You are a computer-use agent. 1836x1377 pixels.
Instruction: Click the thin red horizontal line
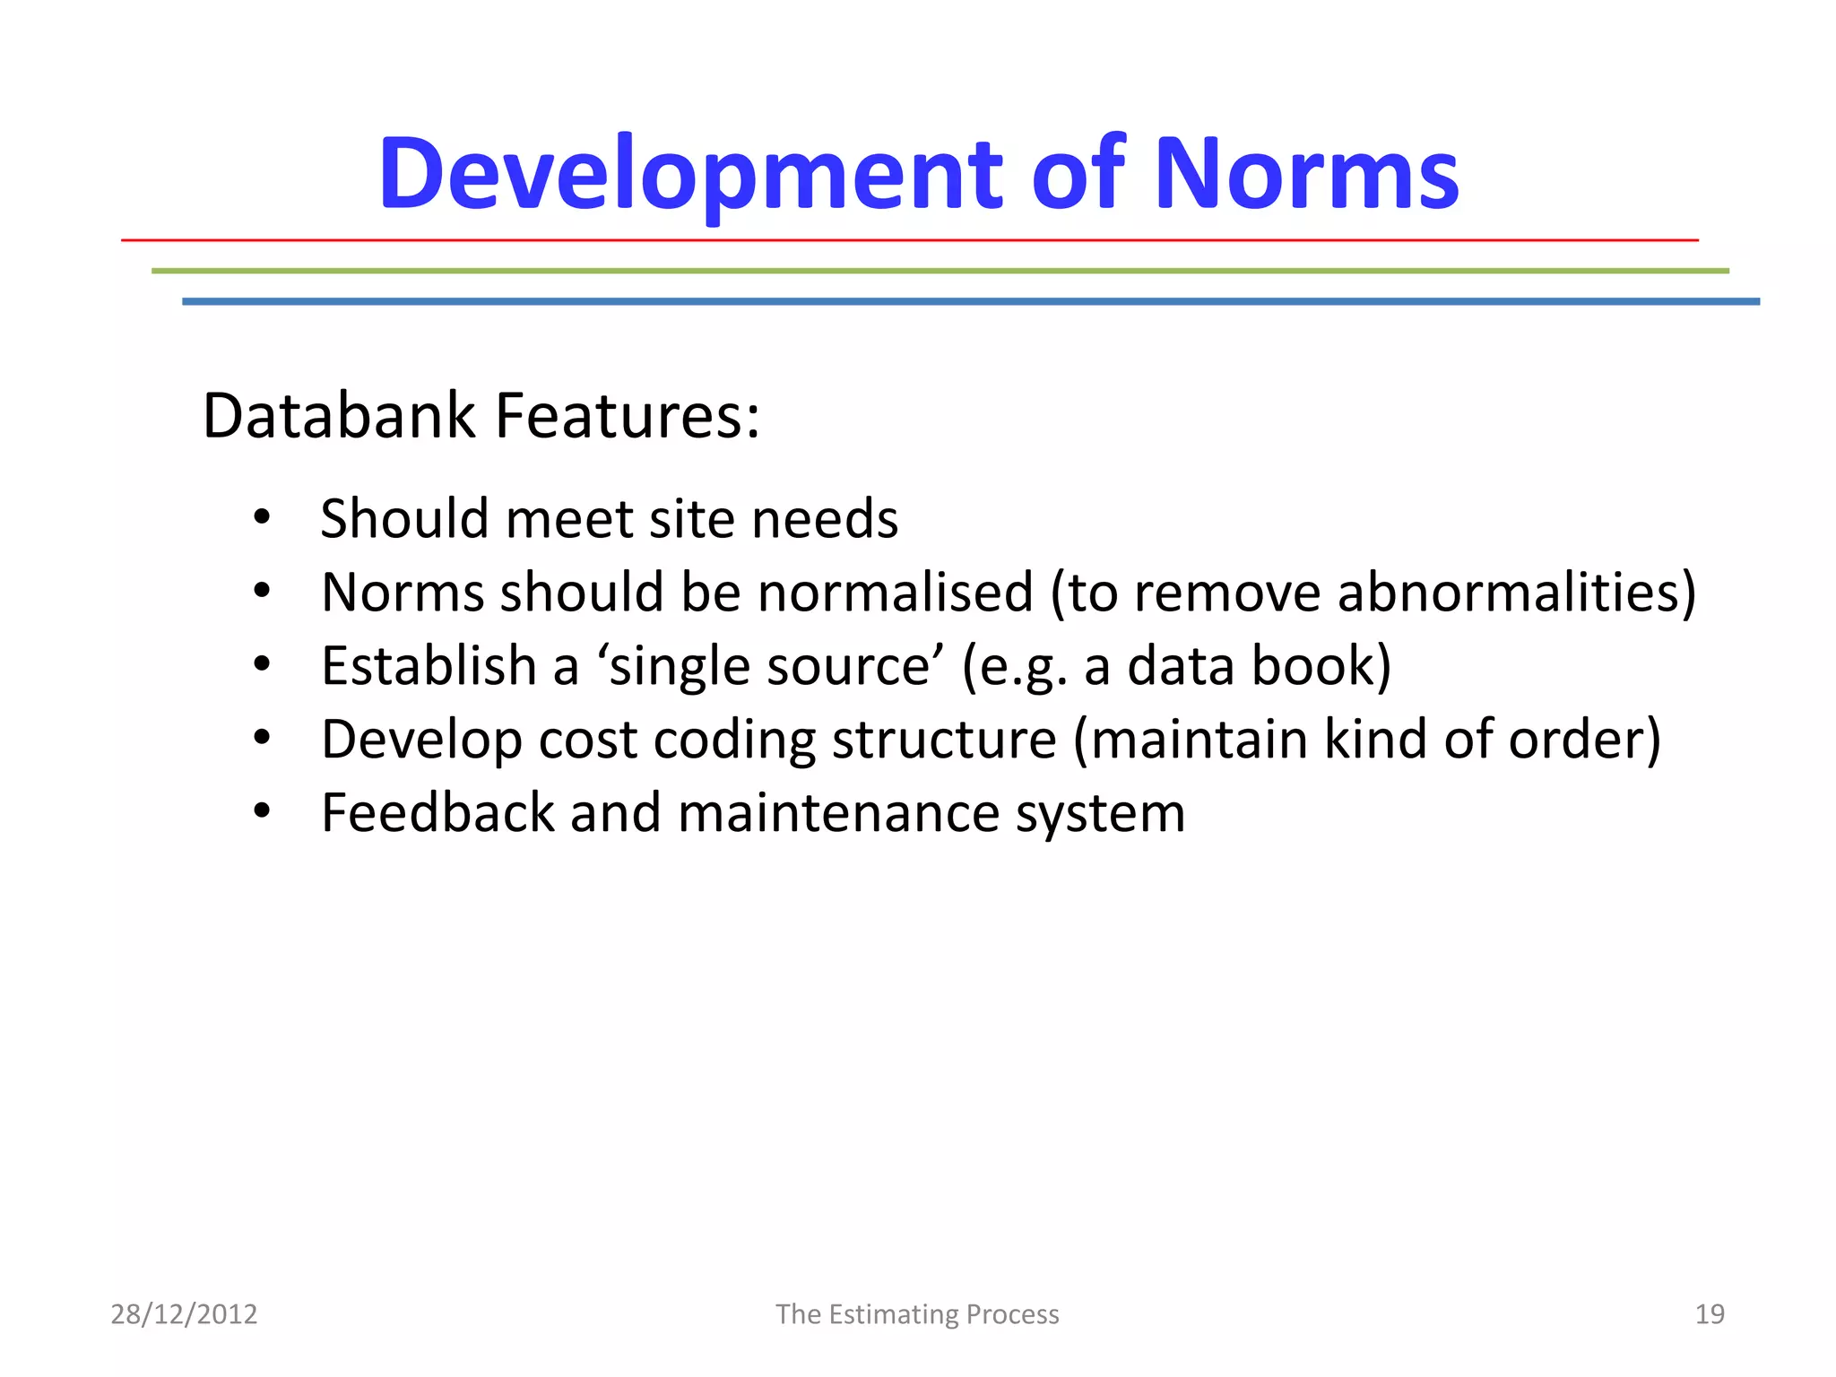pyautogui.click(x=909, y=240)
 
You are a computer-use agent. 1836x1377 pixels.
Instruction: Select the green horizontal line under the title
pyautogui.click(x=940, y=271)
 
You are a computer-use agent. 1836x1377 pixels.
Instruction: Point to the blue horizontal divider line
pyautogui.click(x=971, y=302)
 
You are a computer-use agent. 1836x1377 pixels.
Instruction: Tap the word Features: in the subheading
pyautogui.click(x=628, y=416)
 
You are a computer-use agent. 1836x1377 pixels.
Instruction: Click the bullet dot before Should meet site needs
pyautogui.click(x=261, y=517)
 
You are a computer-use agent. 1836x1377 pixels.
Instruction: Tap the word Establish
pyautogui.click(x=429, y=666)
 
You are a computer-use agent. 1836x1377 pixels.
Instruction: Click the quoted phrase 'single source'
pyautogui.click(x=770, y=668)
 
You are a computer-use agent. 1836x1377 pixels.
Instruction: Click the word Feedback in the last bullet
pyautogui.click(x=438, y=813)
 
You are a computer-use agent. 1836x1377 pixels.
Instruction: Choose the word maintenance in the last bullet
pyautogui.click(x=838, y=813)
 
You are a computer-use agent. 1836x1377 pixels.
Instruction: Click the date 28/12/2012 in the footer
pyautogui.click(x=184, y=1314)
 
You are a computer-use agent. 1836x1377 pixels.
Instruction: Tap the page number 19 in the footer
pyautogui.click(x=1710, y=1314)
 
